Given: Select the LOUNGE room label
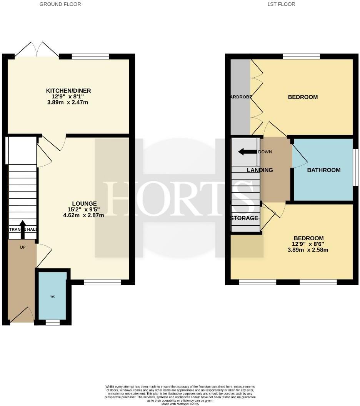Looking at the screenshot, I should [84, 203].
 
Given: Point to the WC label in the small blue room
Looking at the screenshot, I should [53, 297].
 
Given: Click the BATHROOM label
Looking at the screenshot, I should [323, 170].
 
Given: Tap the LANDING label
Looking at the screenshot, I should [260, 170].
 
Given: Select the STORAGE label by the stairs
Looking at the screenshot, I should [244, 218].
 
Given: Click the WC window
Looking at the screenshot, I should [53, 323].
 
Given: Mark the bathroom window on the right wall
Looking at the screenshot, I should [356, 170].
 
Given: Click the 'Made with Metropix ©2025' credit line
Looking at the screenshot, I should [180, 404].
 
